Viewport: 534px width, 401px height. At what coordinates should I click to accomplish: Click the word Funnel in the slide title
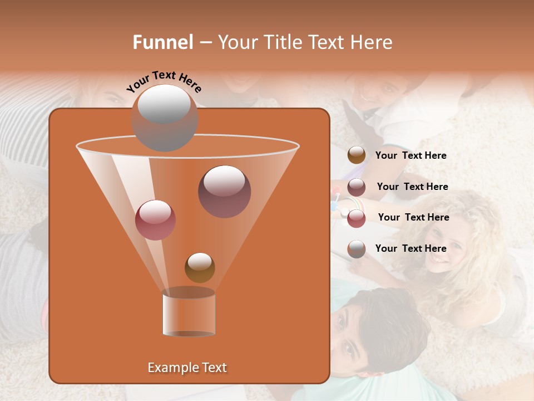[x=163, y=42]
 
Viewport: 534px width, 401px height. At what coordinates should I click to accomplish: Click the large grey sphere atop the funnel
[x=164, y=118]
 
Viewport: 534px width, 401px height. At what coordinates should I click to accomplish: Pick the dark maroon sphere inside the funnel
[x=224, y=191]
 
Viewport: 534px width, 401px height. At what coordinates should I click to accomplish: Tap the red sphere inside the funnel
[x=155, y=220]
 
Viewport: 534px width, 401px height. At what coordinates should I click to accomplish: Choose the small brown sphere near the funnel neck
[x=200, y=267]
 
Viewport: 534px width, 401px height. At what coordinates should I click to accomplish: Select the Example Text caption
[x=187, y=368]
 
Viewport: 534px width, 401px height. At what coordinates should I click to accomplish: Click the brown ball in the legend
[x=357, y=155]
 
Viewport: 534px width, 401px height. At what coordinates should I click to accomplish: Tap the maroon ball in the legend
[x=357, y=187]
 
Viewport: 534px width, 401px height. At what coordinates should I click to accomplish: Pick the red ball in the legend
[x=357, y=218]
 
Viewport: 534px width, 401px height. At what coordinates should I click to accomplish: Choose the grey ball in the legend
[x=357, y=249]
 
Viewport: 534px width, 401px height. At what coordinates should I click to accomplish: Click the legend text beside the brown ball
[x=411, y=155]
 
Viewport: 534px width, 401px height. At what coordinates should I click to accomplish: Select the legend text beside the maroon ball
[x=412, y=187]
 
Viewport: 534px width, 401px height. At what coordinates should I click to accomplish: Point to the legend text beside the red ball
[x=413, y=217]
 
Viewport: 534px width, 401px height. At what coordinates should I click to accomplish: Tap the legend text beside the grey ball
[x=411, y=248]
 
